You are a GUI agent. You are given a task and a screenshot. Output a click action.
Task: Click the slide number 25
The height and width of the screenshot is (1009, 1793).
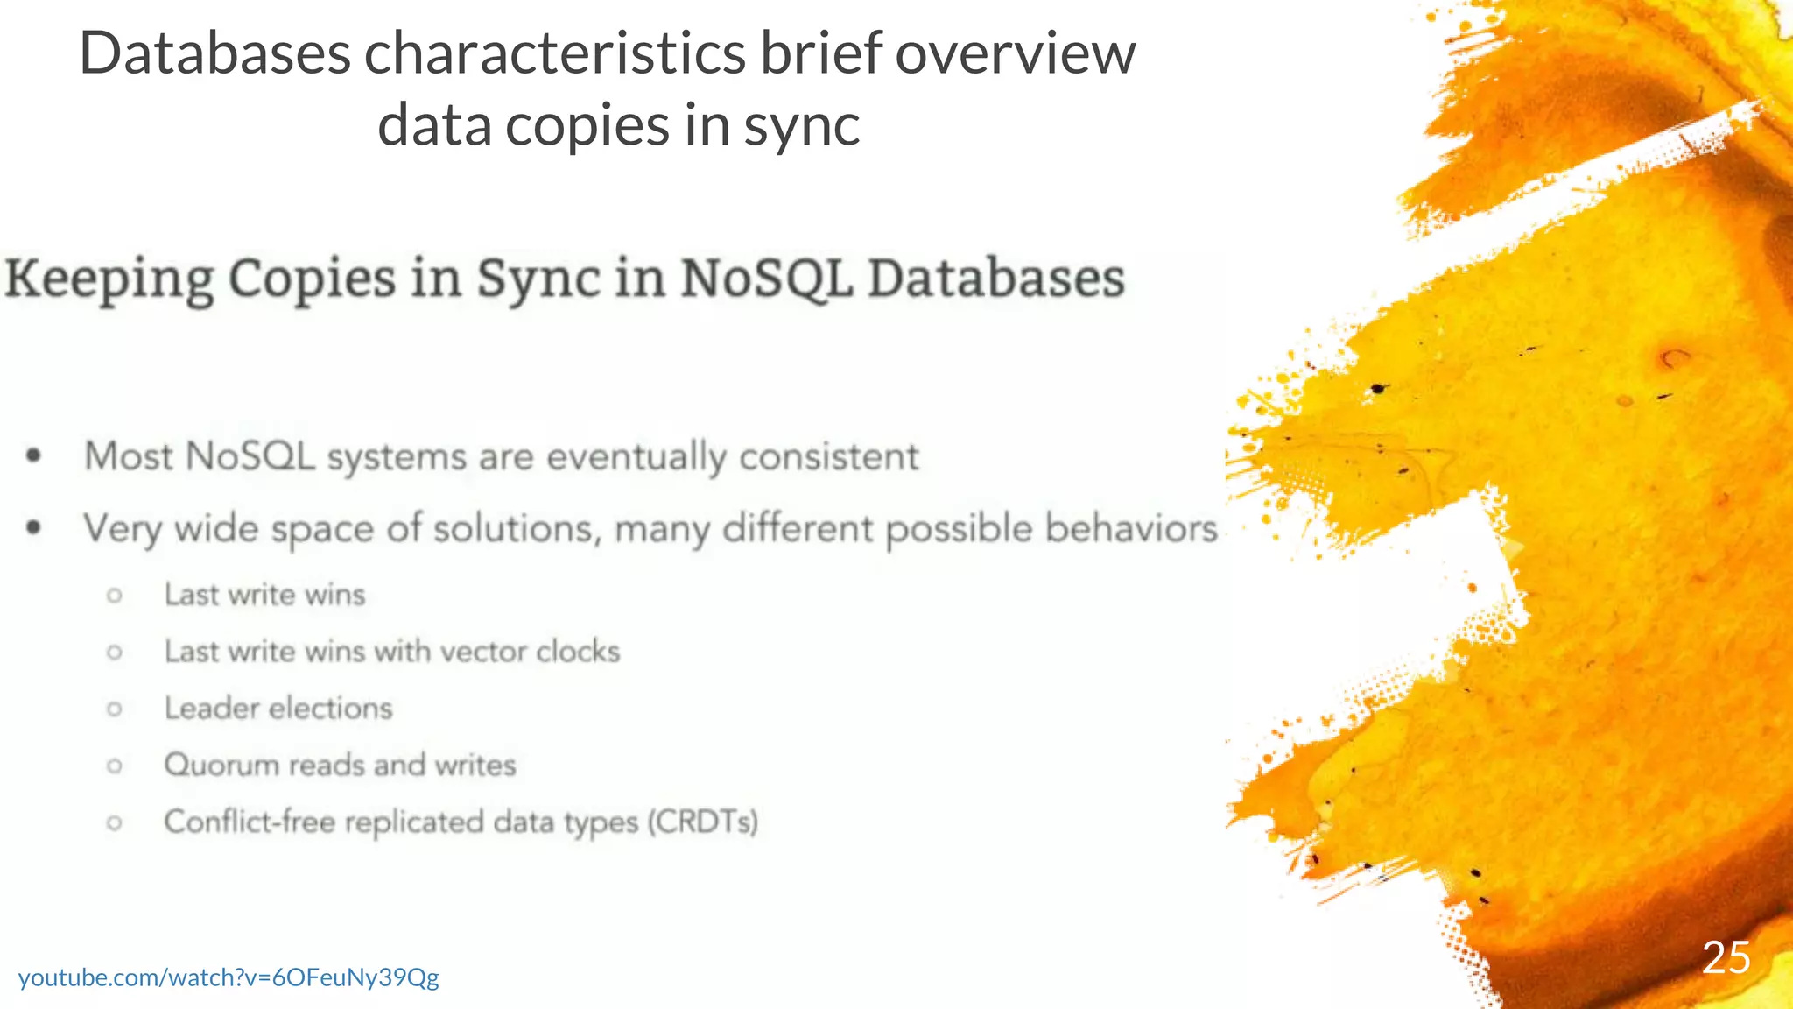(1726, 957)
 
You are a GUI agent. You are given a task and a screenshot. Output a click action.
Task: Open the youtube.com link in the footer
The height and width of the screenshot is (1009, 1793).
(229, 977)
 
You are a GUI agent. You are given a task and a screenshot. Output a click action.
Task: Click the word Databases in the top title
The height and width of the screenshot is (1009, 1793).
(214, 53)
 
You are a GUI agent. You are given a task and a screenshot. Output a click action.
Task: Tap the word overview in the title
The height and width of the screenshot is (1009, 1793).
(1015, 53)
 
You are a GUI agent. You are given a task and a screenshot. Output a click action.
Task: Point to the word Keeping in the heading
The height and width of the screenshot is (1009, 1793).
(109, 280)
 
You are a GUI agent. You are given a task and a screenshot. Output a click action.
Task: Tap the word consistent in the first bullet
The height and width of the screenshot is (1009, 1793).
(829, 456)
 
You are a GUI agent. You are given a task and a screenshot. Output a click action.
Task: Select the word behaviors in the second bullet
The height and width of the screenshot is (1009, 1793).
(1131, 528)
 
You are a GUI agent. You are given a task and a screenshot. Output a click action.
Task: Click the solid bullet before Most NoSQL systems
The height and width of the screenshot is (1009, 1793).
(34, 455)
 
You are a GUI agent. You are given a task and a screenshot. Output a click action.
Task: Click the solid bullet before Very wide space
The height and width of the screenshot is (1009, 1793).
(34, 527)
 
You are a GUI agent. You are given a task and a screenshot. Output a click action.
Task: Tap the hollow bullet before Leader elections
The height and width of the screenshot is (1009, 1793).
(115, 709)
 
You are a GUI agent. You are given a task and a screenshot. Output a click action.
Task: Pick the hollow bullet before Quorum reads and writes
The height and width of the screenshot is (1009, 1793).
(115, 766)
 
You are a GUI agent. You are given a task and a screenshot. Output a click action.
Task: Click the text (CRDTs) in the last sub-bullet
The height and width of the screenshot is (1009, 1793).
(702, 822)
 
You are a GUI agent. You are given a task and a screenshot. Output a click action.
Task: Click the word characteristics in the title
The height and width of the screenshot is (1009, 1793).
(556, 53)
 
